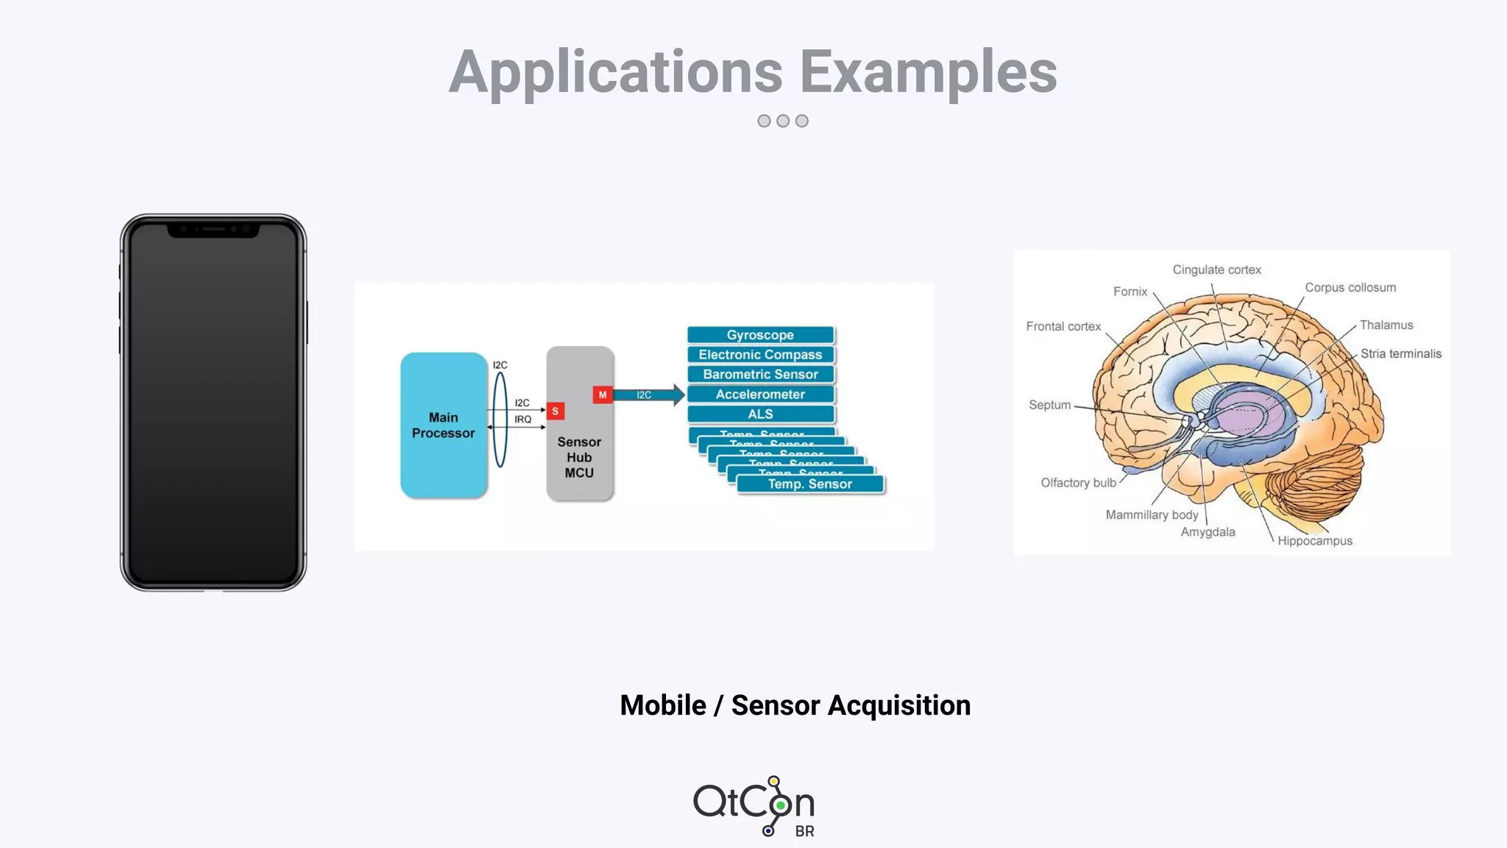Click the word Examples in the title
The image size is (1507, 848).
click(x=928, y=72)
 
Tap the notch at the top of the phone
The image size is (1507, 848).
click(x=213, y=230)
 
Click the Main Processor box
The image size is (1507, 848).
click(x=443, y=425)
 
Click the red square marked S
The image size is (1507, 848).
click(x=556, y=411)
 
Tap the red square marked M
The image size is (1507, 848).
click(x=603, y=395)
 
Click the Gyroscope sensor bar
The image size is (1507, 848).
click(x=760, y=335)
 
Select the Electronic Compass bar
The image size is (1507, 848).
click(x=760, y=355)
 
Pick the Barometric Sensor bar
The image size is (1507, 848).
click(x=760, y=375)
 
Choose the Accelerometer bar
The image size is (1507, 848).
click(x=760, y=395)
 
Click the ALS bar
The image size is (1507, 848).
click(x=760, y=414)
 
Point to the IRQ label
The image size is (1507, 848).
click(x=522, y=420)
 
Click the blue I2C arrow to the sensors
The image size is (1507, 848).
click(x=648, y=395)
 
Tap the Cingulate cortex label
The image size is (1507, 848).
click(x=1216, y=270)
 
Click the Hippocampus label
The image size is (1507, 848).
click(x=1314, y=541)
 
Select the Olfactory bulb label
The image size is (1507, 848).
click(x=1078, y=483)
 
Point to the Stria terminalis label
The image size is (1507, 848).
click(x=1400, y=354)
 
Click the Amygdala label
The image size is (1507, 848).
click(x=1208, y=532)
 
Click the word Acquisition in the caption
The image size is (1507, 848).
click(x=898, y=706)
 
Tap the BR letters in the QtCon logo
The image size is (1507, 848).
click(x=804, y=832)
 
